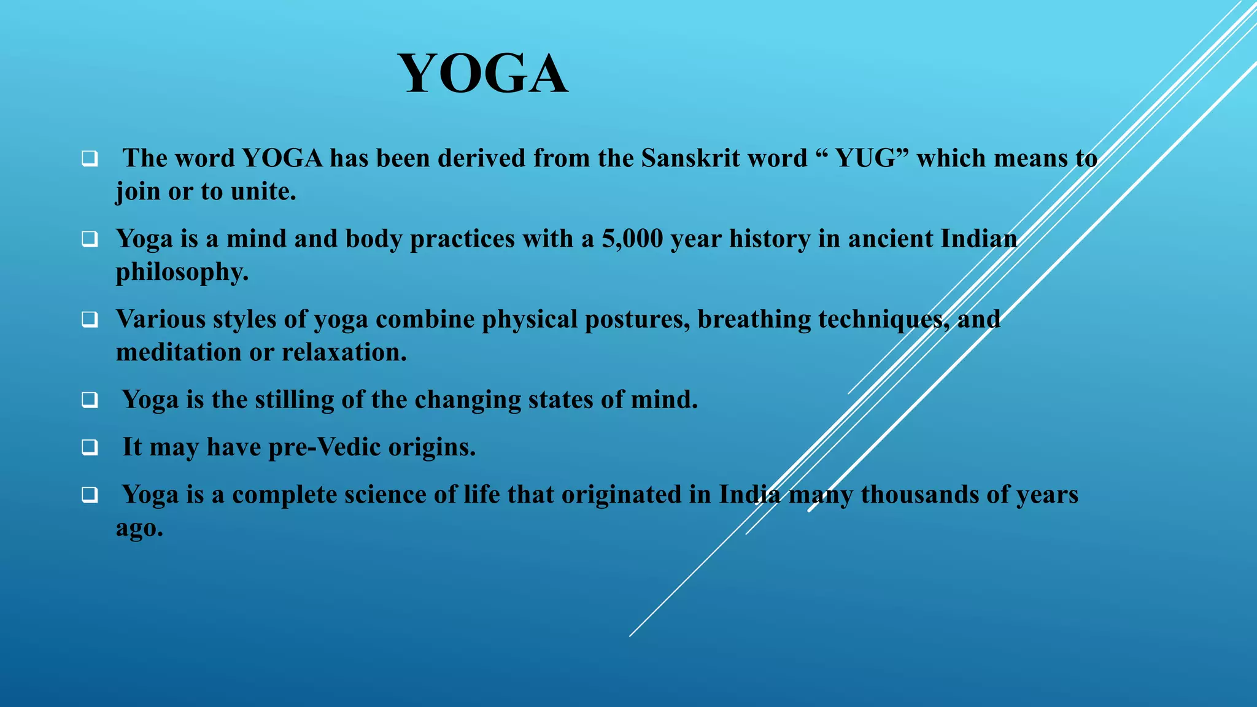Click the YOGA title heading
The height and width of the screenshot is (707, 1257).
(x=483, y=74)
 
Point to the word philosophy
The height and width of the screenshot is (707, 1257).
(x=182, y=272)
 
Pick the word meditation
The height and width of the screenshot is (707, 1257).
(x=179, y=352)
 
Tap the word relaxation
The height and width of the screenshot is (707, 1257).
(x=344, y=352)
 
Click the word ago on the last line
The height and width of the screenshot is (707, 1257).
(x=139, y=528)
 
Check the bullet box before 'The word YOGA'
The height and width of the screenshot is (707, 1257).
(x=90, y=159)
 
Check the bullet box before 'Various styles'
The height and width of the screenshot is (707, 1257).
(x=90, y=320)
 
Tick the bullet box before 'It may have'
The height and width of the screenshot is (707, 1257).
(x=90, y=447)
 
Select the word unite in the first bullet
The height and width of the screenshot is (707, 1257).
(x=263, y=191)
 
